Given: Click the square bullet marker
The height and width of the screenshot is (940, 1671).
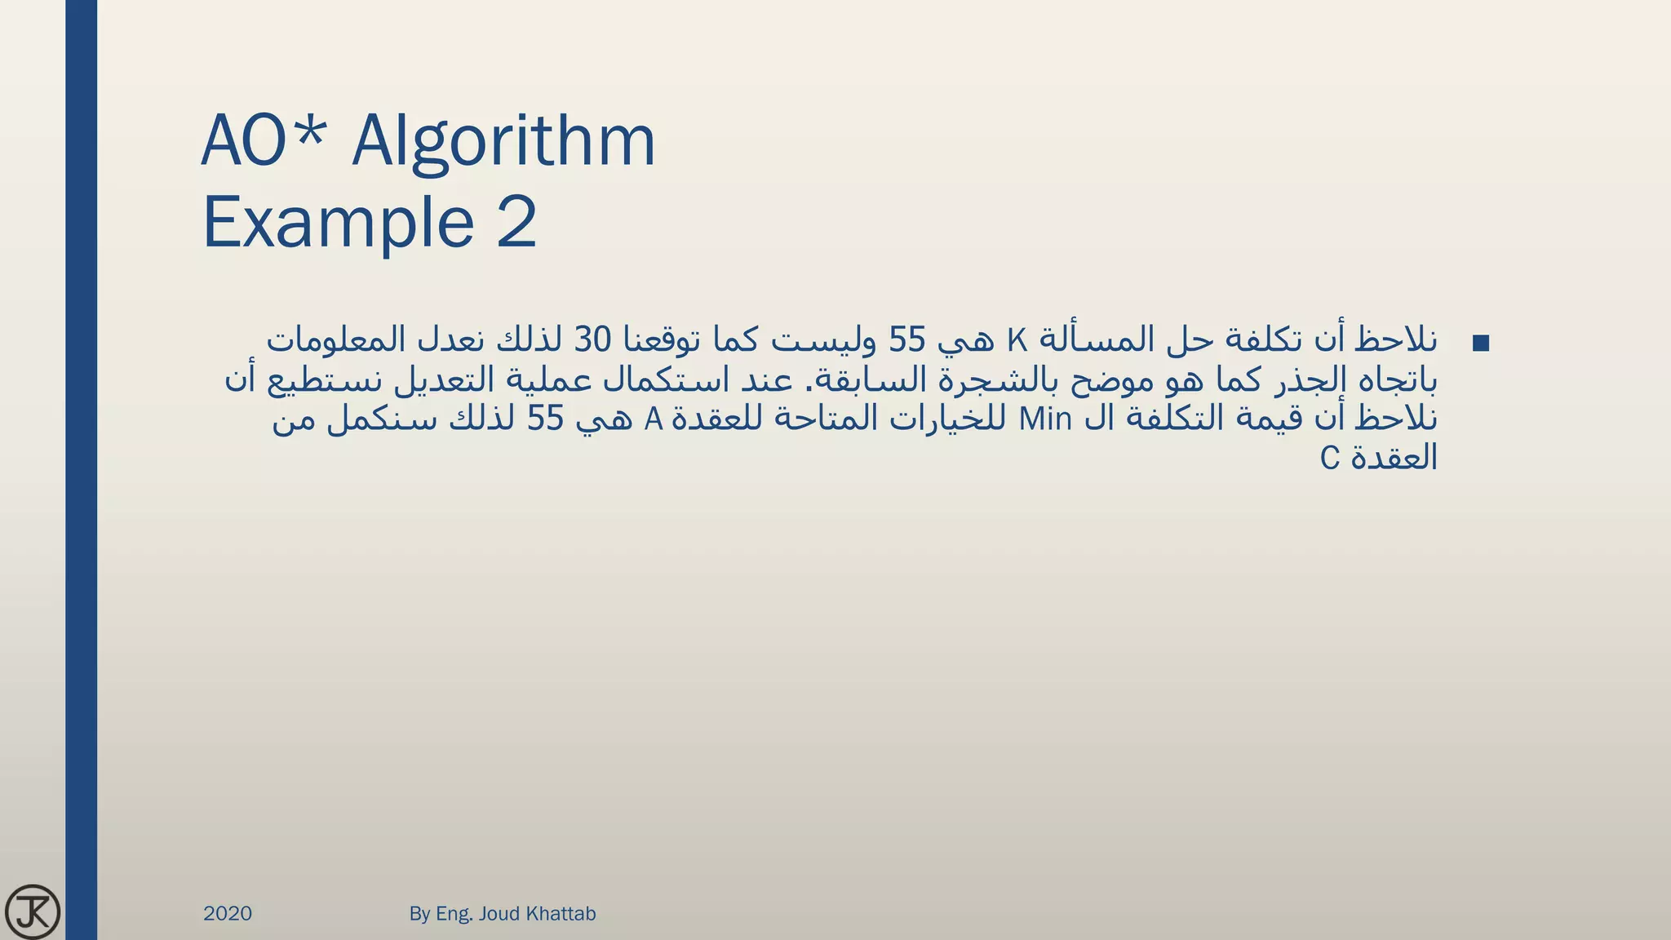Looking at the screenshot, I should (1481, 344).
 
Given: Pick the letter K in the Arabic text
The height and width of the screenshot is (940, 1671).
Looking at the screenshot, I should (1017, 339).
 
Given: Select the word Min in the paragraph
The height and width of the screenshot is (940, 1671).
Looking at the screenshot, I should (1045, 419).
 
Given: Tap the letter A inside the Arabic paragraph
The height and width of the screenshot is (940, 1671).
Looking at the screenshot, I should (653, 419).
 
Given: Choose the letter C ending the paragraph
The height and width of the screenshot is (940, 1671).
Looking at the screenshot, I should (1330, 459).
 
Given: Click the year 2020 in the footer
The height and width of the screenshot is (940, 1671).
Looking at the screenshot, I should (228, 914).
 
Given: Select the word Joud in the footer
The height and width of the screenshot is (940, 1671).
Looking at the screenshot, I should (499, 914).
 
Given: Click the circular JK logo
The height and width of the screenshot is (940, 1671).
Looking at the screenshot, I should (33, 911).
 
